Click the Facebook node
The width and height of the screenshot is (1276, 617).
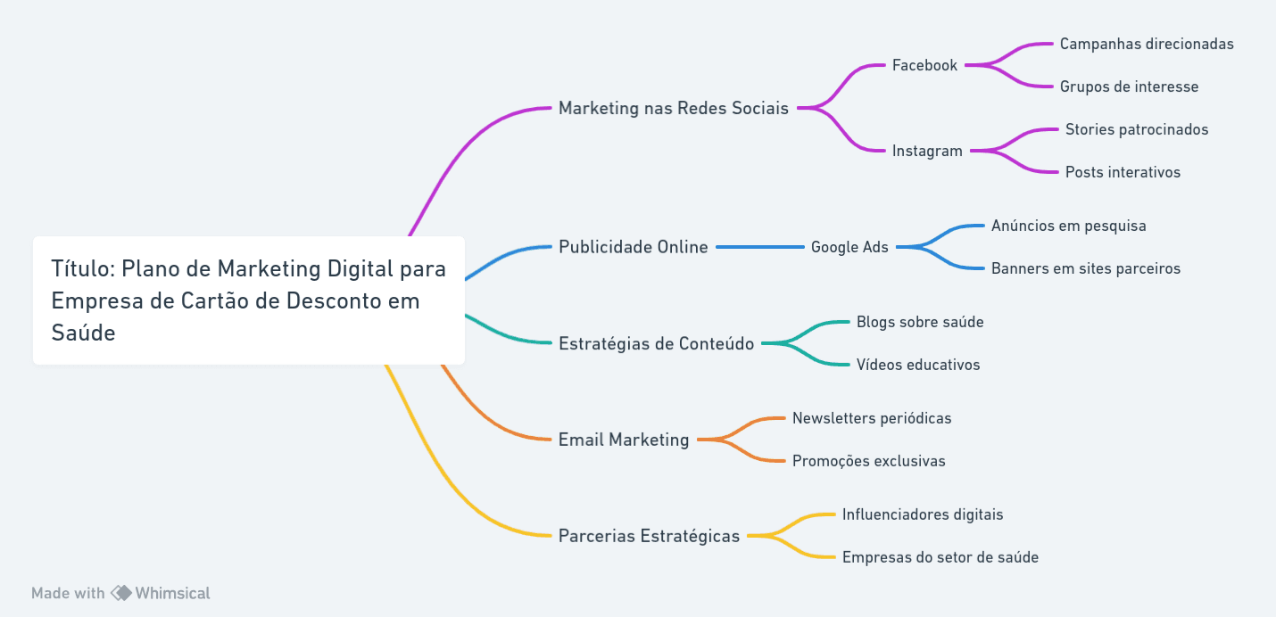click(924, 65)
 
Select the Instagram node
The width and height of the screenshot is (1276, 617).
click(927, 151)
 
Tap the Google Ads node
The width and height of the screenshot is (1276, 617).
click(849, 247)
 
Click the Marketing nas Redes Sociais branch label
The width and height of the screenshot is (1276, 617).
click(673, 108)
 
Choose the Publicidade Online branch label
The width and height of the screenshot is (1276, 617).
click(633, 247)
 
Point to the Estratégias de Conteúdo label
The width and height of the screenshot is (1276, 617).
click(656, 343)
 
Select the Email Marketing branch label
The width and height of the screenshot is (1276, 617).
click(623, 440)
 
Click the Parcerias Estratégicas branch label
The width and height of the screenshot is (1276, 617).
click(649, 536)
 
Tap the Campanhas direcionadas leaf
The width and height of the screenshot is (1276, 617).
click(1147, 44)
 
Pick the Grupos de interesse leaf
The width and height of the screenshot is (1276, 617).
click(1129, 86)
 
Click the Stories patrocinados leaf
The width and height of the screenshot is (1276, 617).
click(1137, 129)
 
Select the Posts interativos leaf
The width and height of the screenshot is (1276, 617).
click(1123, 172)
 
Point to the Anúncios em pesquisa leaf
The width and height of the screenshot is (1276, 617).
click(1068, 226)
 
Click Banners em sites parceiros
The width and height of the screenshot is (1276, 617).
click(1085, 268)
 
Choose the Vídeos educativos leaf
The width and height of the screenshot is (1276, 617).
click(918, 365)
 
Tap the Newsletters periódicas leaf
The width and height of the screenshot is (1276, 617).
click(872, 418)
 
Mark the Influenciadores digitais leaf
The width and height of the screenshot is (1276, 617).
click(923, 514)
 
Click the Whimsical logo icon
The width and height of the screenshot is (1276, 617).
click(120, 593)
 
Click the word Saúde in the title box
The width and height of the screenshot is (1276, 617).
click(83, 333)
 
